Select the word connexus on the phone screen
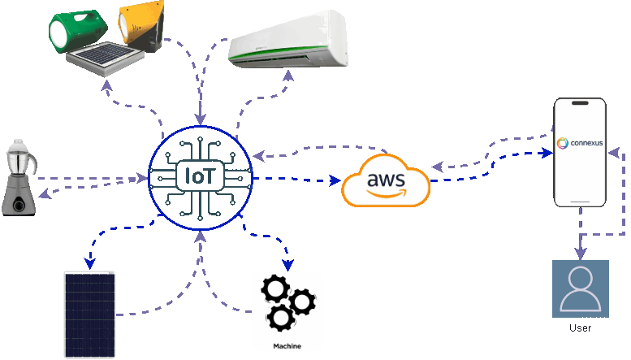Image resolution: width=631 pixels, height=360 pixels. [x=586, y=143]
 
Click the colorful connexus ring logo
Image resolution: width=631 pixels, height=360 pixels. [x=562, y=143]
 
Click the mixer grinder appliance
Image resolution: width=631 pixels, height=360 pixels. [x=18, y=176]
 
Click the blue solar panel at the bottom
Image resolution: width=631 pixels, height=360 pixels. [x=89, y=314]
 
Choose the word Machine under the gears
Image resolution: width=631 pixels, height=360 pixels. [x=287, y=346]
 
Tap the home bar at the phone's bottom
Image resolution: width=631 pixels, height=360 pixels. [x=580, y=202]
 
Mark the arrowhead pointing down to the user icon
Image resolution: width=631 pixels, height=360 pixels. [x=580, y=254]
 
